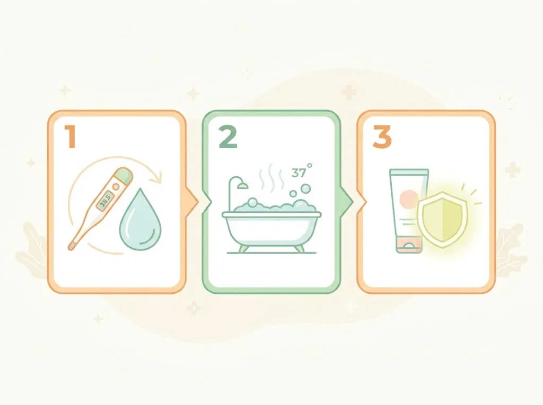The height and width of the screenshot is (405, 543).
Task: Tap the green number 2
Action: [x=228, y=137]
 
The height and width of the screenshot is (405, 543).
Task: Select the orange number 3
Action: [x=382, y=137]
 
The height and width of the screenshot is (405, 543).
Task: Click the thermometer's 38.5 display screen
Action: [x=105, y=201]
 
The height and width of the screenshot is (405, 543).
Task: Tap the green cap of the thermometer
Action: [x=125, y=175]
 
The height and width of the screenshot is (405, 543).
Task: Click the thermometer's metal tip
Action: [x=72, y=246]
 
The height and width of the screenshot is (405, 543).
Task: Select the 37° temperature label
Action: [x=301, y=171]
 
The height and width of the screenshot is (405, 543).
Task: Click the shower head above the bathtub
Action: [x=242, y=186]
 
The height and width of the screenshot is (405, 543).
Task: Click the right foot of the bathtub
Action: [x=299, y=248]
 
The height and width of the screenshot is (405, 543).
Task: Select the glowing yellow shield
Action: [x=442, y=219]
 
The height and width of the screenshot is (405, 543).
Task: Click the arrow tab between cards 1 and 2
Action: [x=192, y=202]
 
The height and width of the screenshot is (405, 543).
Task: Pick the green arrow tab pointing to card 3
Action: [x=347, y=202]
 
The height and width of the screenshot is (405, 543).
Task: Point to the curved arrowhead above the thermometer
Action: [x=156, y=177]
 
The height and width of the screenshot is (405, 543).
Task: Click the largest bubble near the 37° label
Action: [x=305, y=188]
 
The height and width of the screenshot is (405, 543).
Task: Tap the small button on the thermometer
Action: [x=116, y=187]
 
